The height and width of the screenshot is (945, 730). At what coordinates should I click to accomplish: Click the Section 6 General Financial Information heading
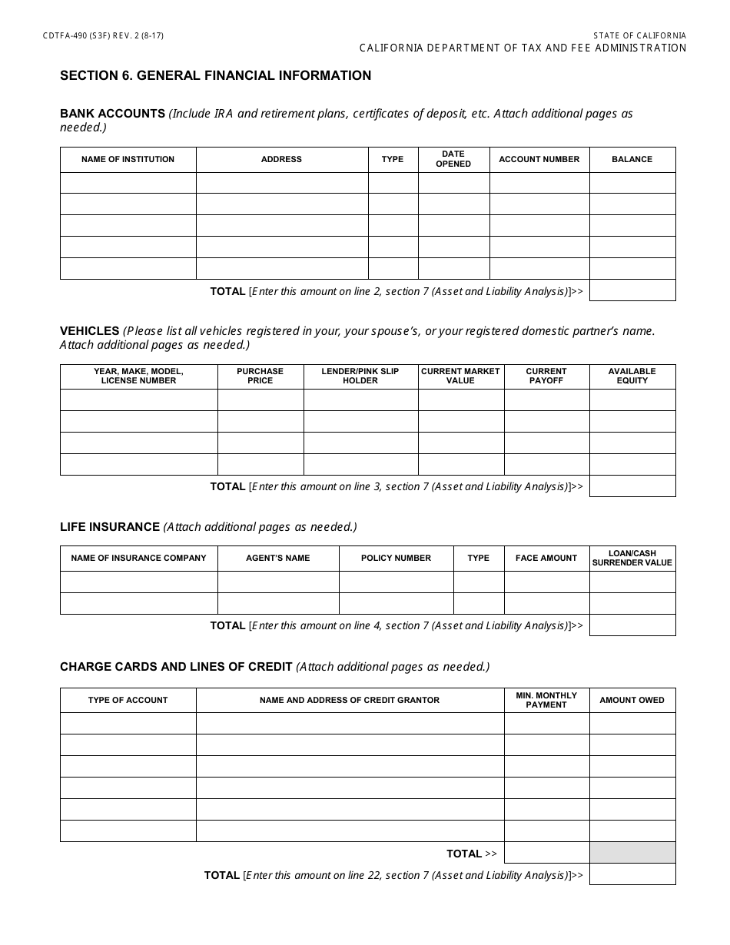coord(215,75)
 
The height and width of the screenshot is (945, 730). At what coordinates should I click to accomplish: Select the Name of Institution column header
coord(128,160)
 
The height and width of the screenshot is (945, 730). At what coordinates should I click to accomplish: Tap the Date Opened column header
coord(453,159)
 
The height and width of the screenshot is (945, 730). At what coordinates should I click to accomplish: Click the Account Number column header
coord(539,160)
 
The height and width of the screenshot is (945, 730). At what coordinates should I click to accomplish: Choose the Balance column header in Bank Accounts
coord(632,160)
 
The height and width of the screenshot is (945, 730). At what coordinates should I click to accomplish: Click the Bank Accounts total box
coord(632,290)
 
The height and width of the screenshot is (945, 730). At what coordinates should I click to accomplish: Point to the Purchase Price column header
coord(260,376)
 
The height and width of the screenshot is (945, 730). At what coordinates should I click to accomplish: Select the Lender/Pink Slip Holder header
coord(360,376)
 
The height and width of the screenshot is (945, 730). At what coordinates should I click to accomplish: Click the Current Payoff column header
coord(546,376)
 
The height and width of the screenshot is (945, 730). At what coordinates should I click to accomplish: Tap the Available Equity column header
coord(632,376)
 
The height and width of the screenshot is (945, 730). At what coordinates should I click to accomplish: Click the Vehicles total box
coord(632,486)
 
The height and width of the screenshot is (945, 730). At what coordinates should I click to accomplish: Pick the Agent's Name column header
coord(278,559)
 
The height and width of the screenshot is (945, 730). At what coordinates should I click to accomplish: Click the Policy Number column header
coord(396,559)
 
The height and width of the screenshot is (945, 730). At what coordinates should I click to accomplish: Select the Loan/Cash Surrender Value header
coord(632,559)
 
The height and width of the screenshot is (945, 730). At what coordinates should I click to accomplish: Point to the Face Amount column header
coord(546,559)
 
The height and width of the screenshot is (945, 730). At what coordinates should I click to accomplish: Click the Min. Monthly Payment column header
coord(546,700)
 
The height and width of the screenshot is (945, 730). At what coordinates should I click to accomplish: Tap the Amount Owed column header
coord(632,700)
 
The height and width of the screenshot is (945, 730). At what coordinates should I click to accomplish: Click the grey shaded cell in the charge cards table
coord(632,853)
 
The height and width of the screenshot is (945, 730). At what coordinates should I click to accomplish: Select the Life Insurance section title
coord(110,527)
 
